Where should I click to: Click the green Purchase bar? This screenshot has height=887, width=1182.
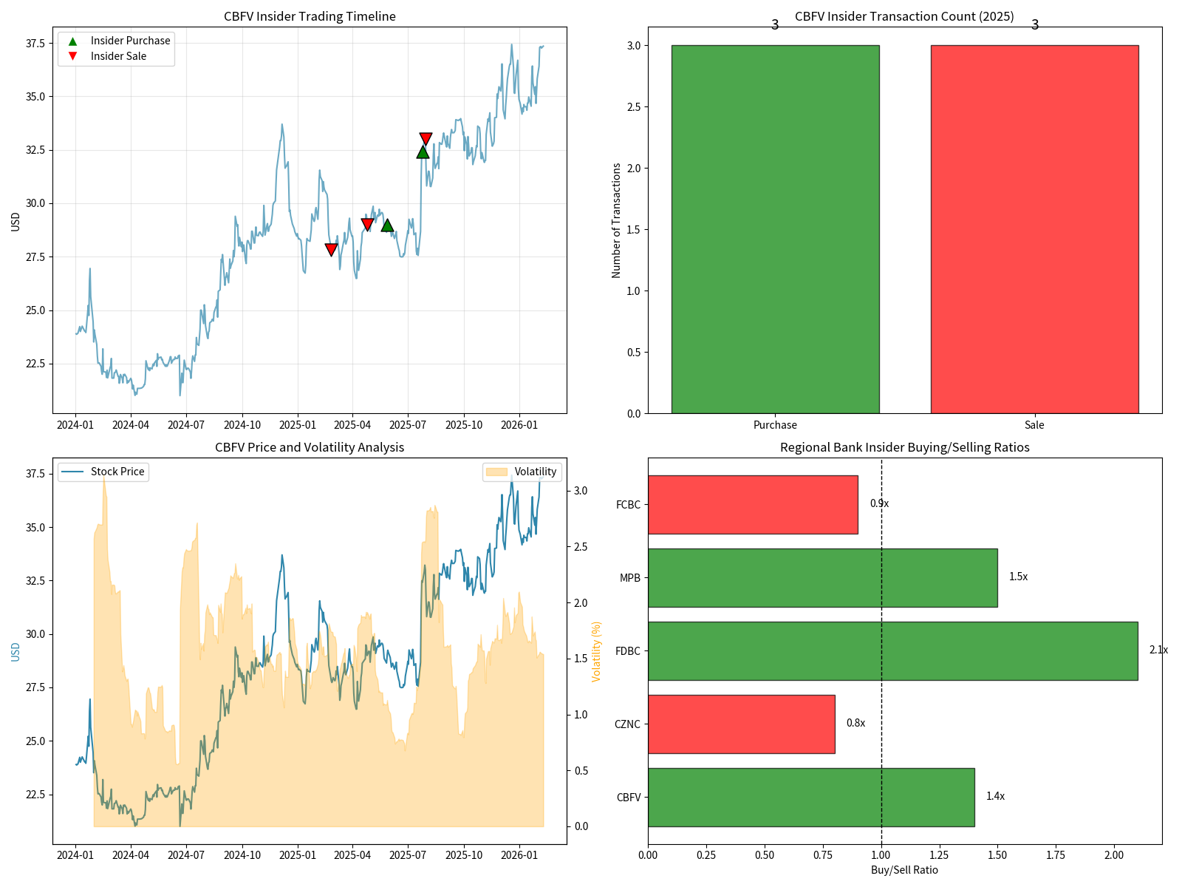(x=775, y=229)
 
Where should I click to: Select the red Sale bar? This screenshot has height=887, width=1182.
(x=1034, y=229)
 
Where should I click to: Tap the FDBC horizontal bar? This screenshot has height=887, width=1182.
(x=892, y=650)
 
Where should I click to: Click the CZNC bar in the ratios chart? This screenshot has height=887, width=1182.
(x=741, y=724)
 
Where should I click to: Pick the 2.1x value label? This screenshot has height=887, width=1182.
(x=1158, y=650)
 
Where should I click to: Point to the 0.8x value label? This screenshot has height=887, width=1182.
(x=855, y=723)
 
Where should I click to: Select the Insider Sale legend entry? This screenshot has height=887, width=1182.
(x=118, y=56)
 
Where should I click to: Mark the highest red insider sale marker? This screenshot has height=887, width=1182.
(x=426, y=139)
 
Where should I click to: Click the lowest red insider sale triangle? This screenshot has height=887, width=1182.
(x=331, y=250)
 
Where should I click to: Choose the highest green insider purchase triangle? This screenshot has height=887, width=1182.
(x=423, y=152)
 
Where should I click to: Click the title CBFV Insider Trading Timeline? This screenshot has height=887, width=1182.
(x=310, y=16)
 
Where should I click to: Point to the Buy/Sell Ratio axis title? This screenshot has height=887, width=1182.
(x=904, y=870)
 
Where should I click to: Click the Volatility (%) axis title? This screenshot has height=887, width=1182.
(x=597, y=650)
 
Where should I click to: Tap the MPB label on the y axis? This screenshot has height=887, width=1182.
(x=630, y=578)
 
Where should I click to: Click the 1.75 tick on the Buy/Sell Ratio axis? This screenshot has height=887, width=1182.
(x=1056, y=855)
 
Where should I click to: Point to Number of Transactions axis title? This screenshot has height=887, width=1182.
(x=617, y=220)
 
